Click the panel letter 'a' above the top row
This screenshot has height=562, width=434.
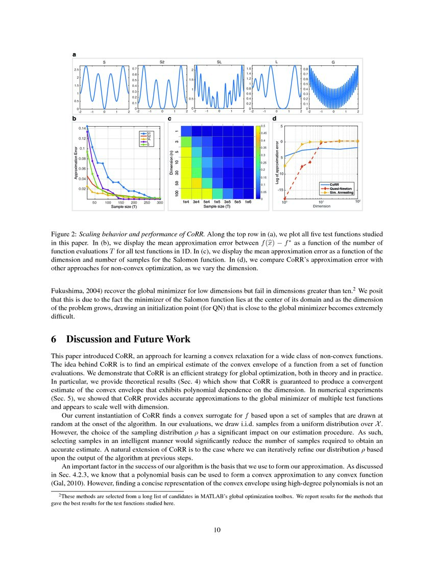click(x=75, y=54)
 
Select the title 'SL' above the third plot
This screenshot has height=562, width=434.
click(x=219, y=62)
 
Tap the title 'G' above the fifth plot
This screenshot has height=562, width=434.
click(x=333, y=62)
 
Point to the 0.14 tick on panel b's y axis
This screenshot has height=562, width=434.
click(x=82, y=128)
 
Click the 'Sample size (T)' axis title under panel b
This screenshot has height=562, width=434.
click(x=119, y=207)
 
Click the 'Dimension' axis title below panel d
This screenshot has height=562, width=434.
click(x=321, y=206)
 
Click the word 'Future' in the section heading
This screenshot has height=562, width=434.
click(x=137, y=339)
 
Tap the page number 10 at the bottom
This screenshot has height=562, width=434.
click(x=216, y=530)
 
